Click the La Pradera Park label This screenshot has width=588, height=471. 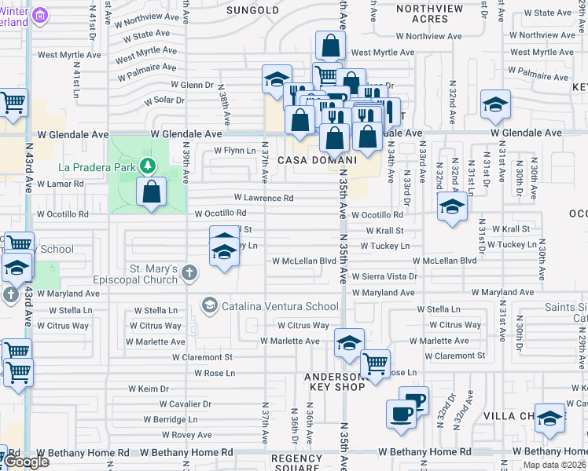click(x=97, y=167)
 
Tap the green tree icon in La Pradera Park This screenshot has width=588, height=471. click(x=145, y=166)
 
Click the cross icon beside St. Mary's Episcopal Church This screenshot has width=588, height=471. click(x=189, y=273)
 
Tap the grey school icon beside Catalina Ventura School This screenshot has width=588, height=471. click(x=210, y=305)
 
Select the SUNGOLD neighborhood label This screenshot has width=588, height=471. click(x=252, y=10)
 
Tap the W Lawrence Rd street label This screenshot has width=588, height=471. click(x=263, y=198)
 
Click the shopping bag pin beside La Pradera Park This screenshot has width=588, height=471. click(x=151, y=192)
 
